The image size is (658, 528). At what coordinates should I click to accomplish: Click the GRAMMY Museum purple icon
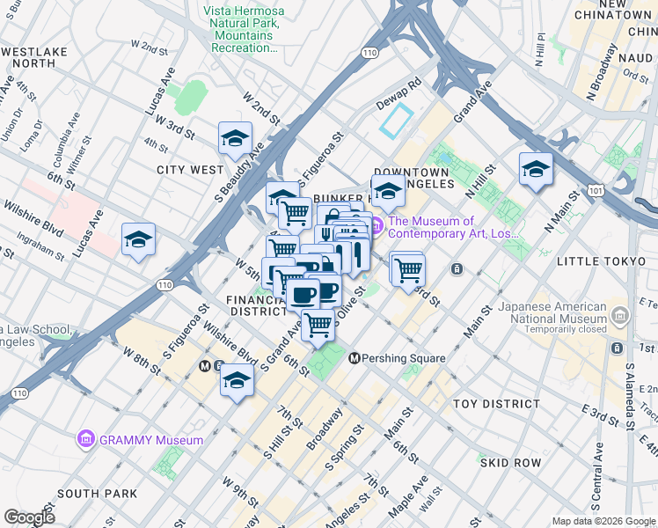pyautogui.click(x=85, y=439)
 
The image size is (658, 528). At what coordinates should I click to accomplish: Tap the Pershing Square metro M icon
pyautogui.click(x=355, y=358)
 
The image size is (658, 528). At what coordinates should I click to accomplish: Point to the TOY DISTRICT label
pyautogui.click(x=496, y=404)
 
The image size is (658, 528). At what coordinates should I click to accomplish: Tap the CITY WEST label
pyautogui.click(x=190, y=169)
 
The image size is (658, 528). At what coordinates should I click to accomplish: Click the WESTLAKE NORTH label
pyautogui.click(x=34, y=58)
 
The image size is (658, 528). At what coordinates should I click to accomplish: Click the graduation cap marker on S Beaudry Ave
pyautogui.click(x=235, y=139)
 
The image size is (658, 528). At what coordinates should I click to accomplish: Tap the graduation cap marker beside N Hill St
pyautogui.click(x=535, y=170)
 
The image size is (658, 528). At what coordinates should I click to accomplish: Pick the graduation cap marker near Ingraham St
pyautogui.click(x=138, y=240)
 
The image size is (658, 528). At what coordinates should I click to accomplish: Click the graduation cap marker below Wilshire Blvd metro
pyautogui.click(x=237, y=381)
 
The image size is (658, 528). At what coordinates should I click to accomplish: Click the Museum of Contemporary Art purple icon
pyautogui.click(x=376, y=227)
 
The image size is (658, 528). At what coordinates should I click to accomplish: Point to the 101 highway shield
pyautogui.click(x=597, y=189)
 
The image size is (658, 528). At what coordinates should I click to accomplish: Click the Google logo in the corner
pyautogui.click(x=29, y=517)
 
